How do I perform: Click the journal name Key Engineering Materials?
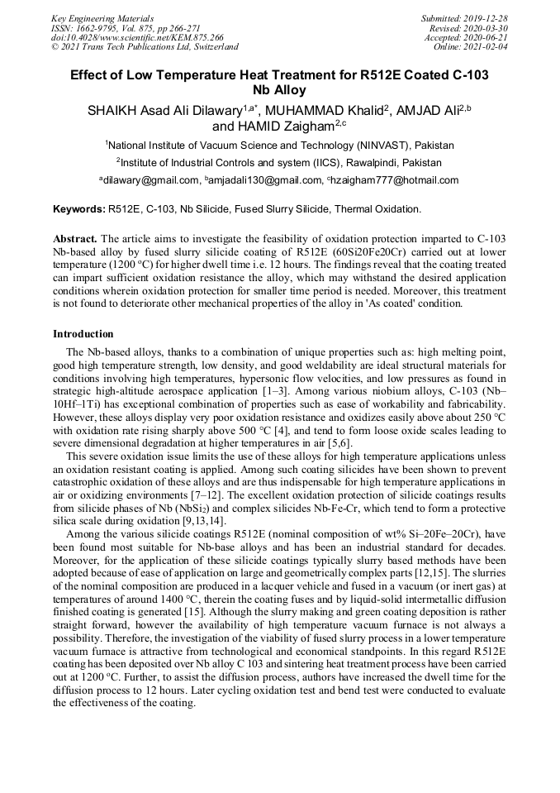(x=104, y=17)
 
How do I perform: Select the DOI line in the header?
(x=137, y=37)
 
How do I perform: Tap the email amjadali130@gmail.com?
(x=264, y=180)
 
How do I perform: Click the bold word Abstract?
(x=75, y=239)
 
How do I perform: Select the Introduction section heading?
(x=83, y=334)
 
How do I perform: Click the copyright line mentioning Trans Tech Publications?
(x=145, y=47)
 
